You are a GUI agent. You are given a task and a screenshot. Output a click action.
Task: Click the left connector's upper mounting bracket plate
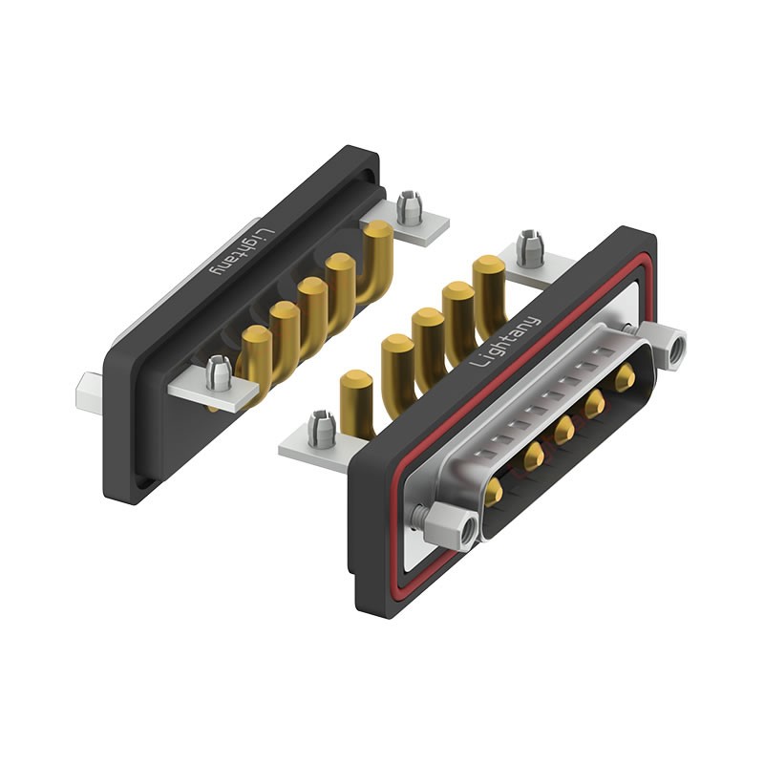418,225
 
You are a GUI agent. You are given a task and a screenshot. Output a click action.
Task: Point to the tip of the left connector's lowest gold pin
256,336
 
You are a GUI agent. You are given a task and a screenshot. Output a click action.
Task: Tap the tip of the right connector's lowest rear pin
355,380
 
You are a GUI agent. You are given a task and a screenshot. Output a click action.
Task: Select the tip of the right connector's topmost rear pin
487,265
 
